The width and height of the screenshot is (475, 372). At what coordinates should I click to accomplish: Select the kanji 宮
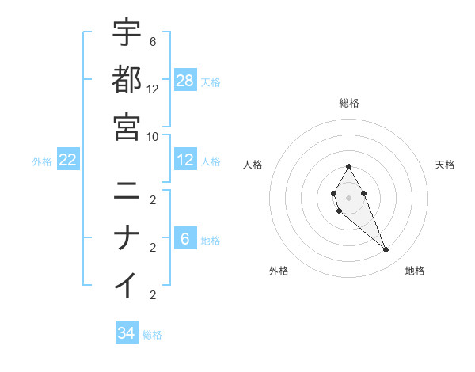(x=127, y=126)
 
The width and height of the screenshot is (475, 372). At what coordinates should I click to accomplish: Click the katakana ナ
(x=127, y=237)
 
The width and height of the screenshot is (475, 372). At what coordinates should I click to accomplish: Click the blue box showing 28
(x=185, y=80)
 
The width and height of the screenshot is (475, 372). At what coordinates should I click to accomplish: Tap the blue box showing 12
(x=185, y=161)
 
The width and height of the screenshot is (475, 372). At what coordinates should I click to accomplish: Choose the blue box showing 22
(x=68, y=161)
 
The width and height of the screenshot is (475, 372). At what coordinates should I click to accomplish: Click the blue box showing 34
(x=127, y=333)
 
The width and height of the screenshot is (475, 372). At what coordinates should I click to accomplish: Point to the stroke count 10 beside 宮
(x=153, y=136)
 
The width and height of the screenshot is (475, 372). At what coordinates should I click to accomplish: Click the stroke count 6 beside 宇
(x=153, y=42)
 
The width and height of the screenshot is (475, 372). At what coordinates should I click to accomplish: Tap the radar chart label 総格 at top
(x=349, y=103)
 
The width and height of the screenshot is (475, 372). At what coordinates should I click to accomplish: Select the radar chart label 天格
(x=445, y=165)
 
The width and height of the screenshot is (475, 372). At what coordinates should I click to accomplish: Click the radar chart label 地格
(x=415, y=271)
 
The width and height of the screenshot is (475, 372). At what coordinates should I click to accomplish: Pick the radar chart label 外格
(x=279, y=271)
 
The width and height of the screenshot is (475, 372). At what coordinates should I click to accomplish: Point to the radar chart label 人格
(x=253, y=165)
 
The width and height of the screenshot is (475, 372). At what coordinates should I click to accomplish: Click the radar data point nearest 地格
(x=386, y=250)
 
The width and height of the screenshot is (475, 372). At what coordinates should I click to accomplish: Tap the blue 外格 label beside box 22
(x=42, y=161)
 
